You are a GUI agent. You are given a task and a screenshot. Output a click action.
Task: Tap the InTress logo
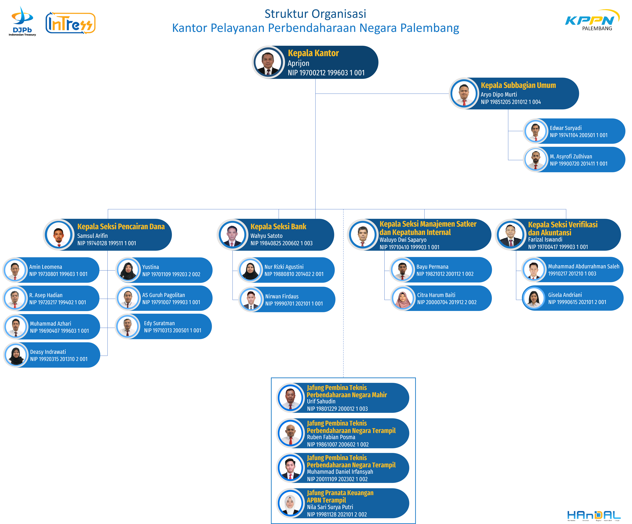(70, 23)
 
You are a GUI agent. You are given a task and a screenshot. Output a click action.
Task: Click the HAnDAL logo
(594, 515)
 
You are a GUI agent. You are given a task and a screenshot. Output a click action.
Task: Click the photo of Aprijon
(268, 62)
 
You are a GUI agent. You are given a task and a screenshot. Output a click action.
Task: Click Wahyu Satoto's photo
(232, 235)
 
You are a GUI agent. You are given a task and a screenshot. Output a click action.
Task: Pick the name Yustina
(151, 267)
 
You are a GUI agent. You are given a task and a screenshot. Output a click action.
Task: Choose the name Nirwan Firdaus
(282, 296)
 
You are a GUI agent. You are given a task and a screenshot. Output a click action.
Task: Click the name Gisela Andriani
(565, 295)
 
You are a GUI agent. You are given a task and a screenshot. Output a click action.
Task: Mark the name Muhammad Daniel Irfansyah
(340, 472)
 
